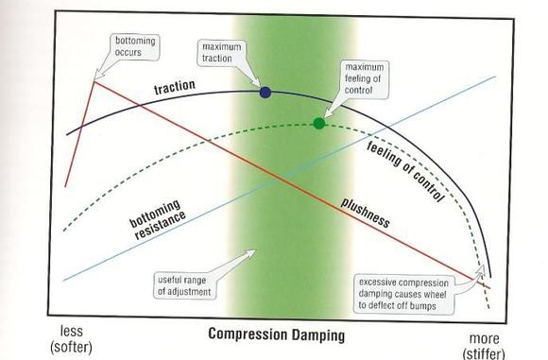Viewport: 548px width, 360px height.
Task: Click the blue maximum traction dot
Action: point(265,93)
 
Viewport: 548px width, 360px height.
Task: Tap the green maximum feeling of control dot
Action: point(318,123)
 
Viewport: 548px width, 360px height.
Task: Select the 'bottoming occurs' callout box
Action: point(135,47)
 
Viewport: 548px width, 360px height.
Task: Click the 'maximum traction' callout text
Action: point(222,53)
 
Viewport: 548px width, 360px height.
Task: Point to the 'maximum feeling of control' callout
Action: point(364,79)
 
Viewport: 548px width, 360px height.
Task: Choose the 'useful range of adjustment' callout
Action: point(184,286)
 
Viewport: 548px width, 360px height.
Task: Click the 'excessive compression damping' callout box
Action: point(403,294)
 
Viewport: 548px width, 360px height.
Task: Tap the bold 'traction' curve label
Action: point(175,86)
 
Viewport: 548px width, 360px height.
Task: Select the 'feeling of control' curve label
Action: point(405,172)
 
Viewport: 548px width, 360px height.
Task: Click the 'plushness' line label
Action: point(365,214)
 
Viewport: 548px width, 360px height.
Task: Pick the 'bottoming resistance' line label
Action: point(157,219)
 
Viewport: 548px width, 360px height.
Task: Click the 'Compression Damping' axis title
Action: point(277,334)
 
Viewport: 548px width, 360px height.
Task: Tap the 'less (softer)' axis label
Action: point(71,339)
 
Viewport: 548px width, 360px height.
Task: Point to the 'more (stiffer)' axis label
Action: point(484,346)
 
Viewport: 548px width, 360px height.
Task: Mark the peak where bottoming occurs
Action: point(94,81)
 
